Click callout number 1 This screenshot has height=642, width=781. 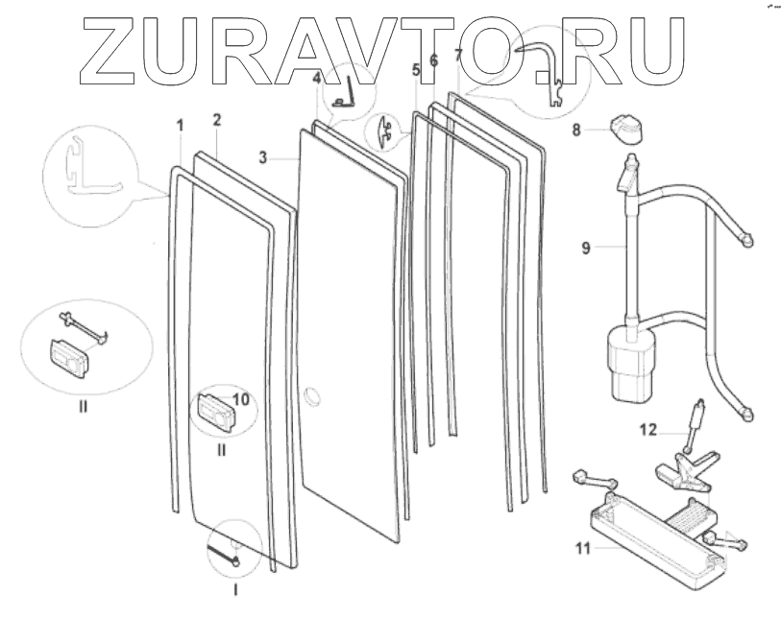tap(180, 125)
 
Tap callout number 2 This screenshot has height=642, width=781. tap(217, 120)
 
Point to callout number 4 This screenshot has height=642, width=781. tap(316, 83)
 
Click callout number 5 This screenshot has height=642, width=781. tap(415, 69)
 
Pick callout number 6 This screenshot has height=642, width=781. tap(433, 59)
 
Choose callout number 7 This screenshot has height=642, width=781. tap(458, 55)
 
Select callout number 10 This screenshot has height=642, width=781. tap(240, 397)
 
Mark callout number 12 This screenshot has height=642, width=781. tap(648, 429)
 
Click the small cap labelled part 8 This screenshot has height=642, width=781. tap(623, 127)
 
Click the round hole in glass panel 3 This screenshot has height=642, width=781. tap(311, 395)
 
